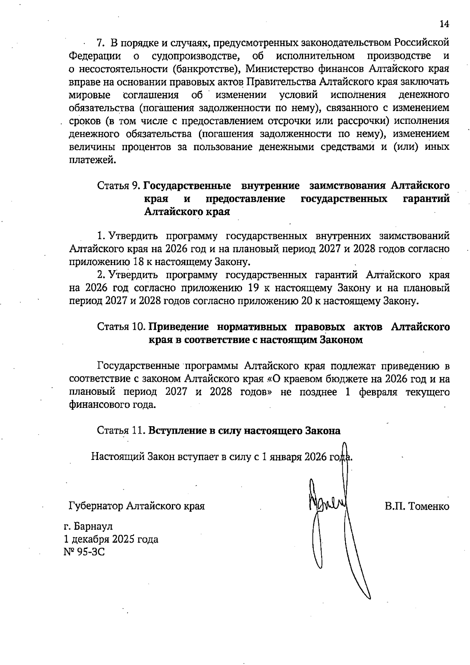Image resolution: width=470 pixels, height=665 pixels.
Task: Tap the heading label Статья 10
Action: click(121, 327)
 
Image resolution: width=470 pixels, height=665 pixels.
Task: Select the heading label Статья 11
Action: click(121, 431)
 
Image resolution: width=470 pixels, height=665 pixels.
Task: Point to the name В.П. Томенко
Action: click(417, 506)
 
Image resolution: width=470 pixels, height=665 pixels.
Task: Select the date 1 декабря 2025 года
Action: click(111, 539)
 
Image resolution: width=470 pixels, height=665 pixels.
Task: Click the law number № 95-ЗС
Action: click(85, 552)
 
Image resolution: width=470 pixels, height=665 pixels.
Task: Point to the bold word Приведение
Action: click(179, 327)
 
